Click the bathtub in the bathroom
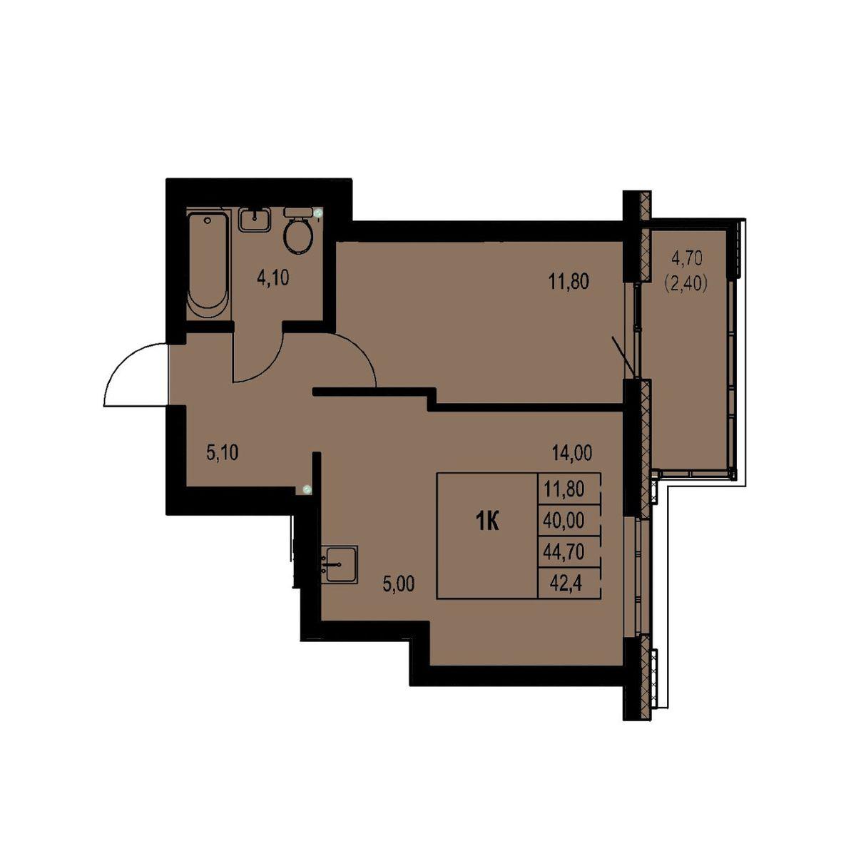[x=208, y=265]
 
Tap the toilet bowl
[x=298, y=236]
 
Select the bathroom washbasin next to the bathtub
[x=255, y=220]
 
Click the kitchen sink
[x=341, y=564]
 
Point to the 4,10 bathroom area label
[x=272, y=278]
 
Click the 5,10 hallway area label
[x=223, y=452]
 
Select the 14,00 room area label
[x=572, y=454]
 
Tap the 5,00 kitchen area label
[x=399, y=584]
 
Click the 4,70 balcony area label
[x=687, y=258]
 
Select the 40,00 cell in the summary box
[x=564, y=521]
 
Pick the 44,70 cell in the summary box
[x=564, y=552]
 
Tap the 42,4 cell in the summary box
[x=566, y=582]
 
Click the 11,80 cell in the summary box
[x=564, y=489]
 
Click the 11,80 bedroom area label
[x=569, y=282]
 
